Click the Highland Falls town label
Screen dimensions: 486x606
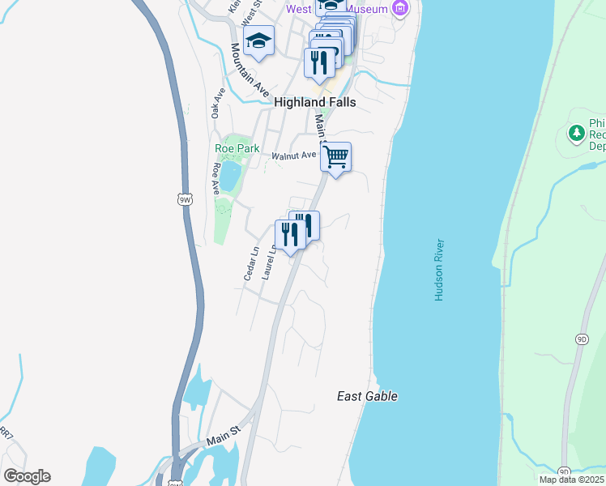coord(315,103)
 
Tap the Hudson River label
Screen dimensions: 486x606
coord(440,270)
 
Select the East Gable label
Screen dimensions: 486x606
coord(367,396)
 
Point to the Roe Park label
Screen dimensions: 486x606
coord(237,148)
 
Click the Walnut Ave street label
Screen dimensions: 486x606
coord(293,155)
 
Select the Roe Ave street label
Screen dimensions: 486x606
coord(216,178)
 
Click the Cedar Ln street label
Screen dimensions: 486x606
coord(250,263)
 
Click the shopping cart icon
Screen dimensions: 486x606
coord(335,157)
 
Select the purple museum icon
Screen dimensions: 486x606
coord(399,9)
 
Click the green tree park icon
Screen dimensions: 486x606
coord(576,133)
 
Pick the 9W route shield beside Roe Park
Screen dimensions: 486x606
coord(185,198)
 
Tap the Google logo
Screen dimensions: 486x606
coord(27,476)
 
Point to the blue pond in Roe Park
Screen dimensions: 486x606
coord(229,176)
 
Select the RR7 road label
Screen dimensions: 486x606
coord(6,436)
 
